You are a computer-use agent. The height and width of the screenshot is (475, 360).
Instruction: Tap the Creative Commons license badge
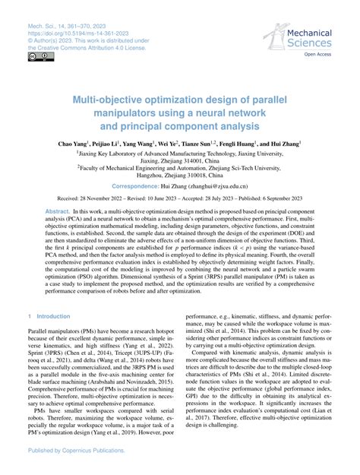[35, 57]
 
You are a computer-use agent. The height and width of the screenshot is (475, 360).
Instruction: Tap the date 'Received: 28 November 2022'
[86, 198]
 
